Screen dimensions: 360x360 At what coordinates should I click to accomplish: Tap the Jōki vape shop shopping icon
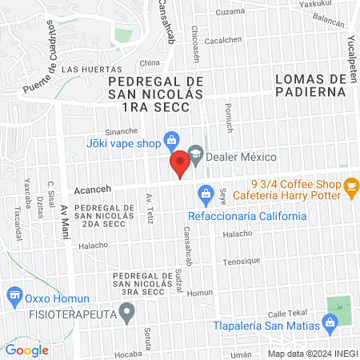click(x=170, y=140)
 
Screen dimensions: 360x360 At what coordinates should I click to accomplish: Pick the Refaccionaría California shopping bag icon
click(x=206, y=193)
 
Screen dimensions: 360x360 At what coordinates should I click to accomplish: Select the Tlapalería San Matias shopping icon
click(x=328, y=324)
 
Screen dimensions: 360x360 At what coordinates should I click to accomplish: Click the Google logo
click(x=26, y=350)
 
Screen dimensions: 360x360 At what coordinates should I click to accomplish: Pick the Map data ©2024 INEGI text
click(x=313, y=353)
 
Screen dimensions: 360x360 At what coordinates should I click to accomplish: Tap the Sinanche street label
click(x=122, y=130)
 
